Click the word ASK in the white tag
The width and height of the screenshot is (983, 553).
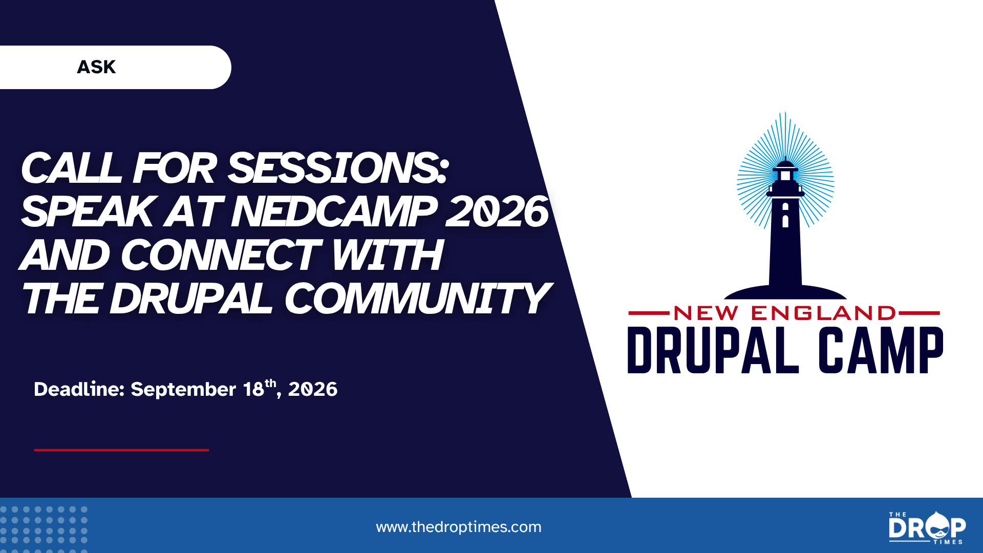tap(96, 67)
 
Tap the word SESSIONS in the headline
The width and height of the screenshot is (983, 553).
tap(338, 168)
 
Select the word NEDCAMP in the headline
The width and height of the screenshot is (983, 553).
tap(334, 211)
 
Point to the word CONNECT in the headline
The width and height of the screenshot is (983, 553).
tap(221, 255)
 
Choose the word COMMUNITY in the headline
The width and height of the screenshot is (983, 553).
tap(417, 299)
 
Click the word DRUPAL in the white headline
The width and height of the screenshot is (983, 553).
tap(190, 299)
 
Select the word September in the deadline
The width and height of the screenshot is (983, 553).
tap(183, 390)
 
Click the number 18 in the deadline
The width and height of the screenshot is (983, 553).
tap(253, 389)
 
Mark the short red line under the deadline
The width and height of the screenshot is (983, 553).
tap(121, 450)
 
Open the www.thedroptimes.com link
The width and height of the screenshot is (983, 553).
tap(459, 527)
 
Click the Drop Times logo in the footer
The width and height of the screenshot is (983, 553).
tap(927, 527)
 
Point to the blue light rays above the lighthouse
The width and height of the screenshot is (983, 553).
tap(785, 154)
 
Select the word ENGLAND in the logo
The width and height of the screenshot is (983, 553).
tap(823, 313)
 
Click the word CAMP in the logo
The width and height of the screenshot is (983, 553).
tap(881, 350)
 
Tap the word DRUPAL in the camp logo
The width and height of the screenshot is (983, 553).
tap(713, 350)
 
